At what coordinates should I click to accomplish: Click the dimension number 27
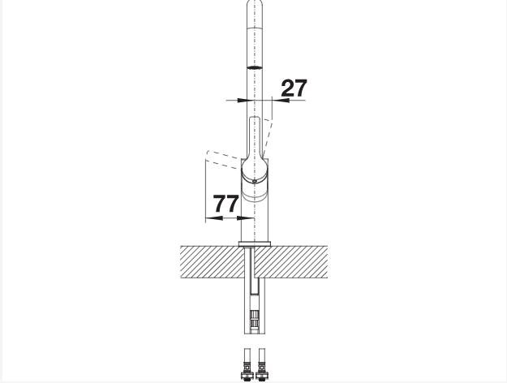click(294, 88)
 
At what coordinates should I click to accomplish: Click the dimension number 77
click(226, 204)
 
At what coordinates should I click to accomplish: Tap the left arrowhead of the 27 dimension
click(243, 101)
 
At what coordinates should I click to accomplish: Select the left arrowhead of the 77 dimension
click(214, 218)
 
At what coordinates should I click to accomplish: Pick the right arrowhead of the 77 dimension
click(246, 218)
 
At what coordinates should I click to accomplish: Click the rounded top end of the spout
click(255, 4)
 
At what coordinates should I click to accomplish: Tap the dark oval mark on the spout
click(255, 67)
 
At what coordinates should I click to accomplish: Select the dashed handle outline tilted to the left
click(223, 159)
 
